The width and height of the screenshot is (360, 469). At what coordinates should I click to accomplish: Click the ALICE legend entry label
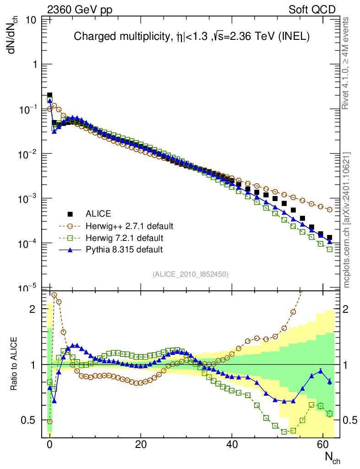tap(98, 213)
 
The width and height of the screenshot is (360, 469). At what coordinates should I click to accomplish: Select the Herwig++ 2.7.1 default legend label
tap(129, 226)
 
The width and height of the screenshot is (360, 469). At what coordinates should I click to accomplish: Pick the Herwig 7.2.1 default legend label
tap(124, 238)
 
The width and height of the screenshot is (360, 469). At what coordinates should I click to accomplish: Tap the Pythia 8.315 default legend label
tap(124, 250)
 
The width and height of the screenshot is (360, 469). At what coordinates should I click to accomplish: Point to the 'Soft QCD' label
tap(312, 9)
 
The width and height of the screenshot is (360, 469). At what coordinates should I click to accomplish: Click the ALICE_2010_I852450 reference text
tap(191, 274)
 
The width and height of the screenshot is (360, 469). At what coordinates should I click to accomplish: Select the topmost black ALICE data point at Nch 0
tap(49, 95)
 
